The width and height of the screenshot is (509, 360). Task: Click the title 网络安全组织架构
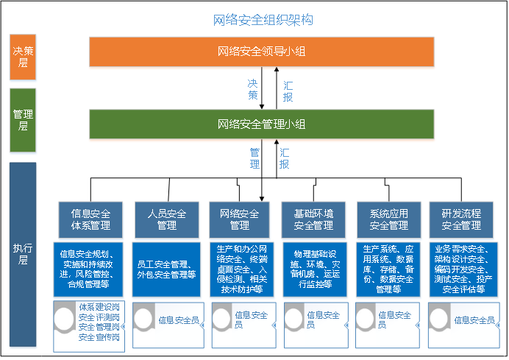point(263,20)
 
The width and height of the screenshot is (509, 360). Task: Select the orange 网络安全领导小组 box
point(262,52)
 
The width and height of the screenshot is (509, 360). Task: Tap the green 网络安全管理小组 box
point(262,124)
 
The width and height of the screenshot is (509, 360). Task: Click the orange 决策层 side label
point(23,57)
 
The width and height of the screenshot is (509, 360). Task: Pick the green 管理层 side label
point(23,120)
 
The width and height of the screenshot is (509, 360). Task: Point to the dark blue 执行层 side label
point(23,255)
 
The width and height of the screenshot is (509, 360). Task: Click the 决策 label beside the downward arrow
point(252,89)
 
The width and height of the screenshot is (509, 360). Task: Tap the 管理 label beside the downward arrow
point(254,158)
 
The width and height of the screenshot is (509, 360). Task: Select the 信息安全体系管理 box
point(90,219)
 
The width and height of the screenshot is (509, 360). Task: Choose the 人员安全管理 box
point(167,219)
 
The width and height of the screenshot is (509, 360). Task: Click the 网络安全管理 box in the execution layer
point(239,219)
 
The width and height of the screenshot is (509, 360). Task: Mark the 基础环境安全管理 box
point(313,219)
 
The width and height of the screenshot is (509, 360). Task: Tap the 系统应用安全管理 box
point(389,219)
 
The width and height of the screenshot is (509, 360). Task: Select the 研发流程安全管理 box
point(461,219)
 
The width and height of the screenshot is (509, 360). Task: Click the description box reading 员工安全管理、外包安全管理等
point(166,269)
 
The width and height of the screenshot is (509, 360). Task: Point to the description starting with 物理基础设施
point(315,269)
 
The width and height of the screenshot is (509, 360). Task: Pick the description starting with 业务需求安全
point(463,269)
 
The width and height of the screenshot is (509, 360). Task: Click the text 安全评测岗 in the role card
point(99,317)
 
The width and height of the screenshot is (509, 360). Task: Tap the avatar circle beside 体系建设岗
point(65,319)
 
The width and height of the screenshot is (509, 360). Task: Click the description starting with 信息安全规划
point(88,269)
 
